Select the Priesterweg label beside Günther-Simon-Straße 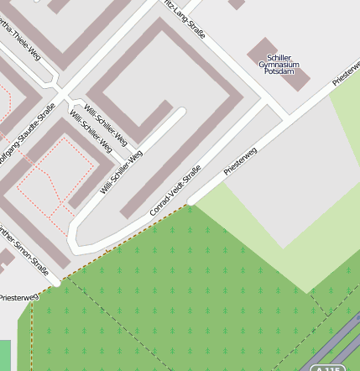coord(18,296)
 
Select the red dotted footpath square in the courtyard coord(50,172)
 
